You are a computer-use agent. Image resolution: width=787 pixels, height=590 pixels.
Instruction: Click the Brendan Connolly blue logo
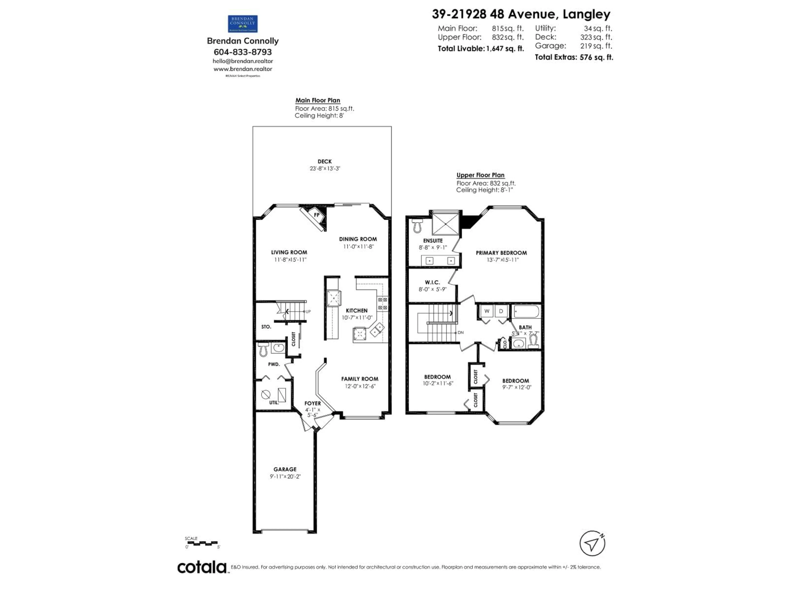point(243,24)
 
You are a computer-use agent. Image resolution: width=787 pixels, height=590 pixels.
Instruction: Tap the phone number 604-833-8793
point(243,52)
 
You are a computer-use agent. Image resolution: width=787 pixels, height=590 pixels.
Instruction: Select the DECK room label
point(324,161)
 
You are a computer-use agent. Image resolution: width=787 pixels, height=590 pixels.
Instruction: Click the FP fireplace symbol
point(316,215)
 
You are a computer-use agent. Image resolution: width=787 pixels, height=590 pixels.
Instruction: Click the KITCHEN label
point(356,311)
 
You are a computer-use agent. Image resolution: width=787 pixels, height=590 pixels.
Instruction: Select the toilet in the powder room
point(263,349)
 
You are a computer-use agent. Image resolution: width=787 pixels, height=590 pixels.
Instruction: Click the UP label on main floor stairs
point(308,312)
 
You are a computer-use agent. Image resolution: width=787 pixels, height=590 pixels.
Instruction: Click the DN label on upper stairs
point(460,332)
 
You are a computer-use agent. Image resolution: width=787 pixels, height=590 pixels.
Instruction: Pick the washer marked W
point(487,311)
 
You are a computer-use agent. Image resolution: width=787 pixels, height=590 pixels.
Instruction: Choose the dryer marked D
point(501,311)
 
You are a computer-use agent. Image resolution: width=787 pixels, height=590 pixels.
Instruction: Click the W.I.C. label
point(432,282)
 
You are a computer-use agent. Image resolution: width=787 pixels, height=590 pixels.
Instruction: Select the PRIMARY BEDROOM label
point(501,253)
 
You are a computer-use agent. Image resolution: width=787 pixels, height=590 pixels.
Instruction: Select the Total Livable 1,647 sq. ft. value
point(505,49)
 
